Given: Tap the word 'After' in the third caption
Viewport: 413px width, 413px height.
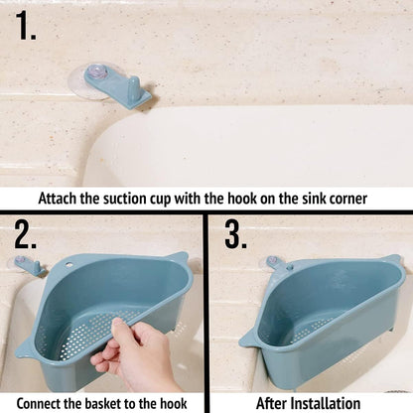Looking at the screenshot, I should tap(274, 402).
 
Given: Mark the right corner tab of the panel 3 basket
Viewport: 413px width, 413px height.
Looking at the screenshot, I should tap(393, 262).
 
